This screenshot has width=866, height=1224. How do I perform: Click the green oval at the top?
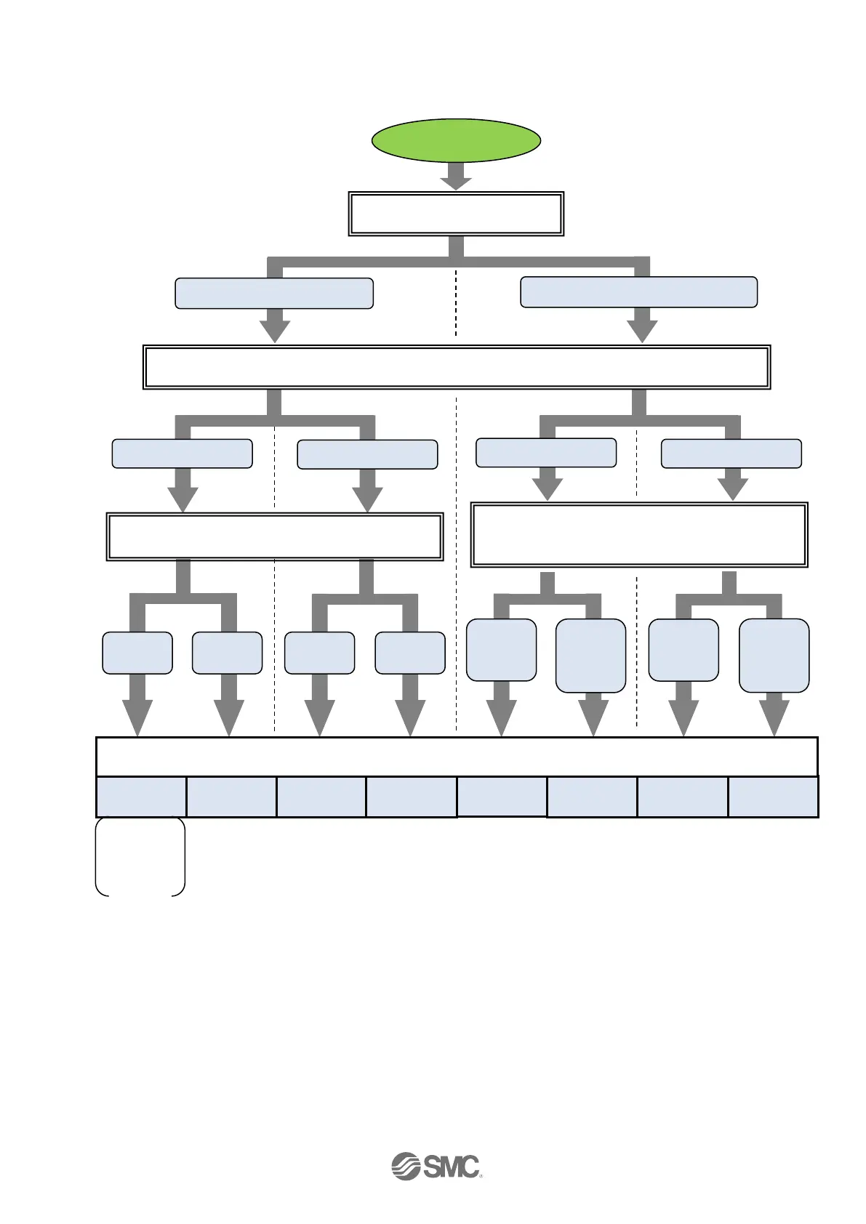[456, 140]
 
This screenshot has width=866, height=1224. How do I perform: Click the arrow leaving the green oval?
[456, 177]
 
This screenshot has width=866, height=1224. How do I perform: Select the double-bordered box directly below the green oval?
[456, 214]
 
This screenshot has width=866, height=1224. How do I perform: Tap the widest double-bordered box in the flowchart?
[456, 367]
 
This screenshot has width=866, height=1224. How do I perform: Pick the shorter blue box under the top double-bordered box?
[274, 293]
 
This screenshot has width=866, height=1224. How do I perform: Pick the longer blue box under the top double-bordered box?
[639, 292]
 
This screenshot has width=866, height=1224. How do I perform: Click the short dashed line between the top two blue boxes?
[456, 302]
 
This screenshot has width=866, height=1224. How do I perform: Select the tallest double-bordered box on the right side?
[639, 534]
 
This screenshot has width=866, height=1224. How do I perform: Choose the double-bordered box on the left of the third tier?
[275, 537]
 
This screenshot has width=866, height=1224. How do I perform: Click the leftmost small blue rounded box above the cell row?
[137, 653]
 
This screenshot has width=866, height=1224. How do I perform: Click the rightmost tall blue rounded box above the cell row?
[774, 655]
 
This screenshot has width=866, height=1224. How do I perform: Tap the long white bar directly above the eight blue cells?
[457, 757]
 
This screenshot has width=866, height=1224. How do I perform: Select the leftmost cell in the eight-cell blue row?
[141, 797]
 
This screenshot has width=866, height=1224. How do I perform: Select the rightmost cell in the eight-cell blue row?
[773, 797]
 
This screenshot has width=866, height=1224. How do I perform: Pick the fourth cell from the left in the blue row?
[412, 797]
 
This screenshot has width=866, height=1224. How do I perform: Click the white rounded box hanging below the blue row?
[140, 856]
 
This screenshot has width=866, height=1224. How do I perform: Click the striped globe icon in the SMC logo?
[406, 1166]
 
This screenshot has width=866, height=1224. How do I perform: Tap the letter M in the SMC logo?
[446, 1167]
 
